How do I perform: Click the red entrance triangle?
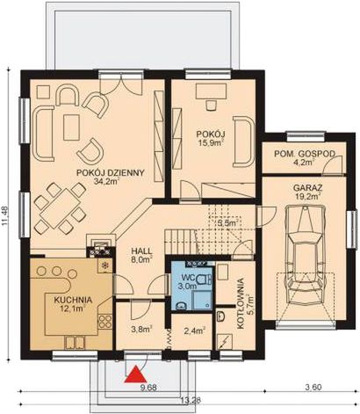135,374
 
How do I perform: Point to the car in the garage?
306,255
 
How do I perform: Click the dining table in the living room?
61,208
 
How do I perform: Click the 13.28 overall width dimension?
191,401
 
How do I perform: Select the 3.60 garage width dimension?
313,387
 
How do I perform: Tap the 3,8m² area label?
141,330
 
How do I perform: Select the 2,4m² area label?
194,330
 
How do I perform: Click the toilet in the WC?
204,279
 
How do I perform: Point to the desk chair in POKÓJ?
212,105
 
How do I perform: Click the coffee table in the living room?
71,127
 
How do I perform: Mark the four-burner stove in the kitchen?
105,321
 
